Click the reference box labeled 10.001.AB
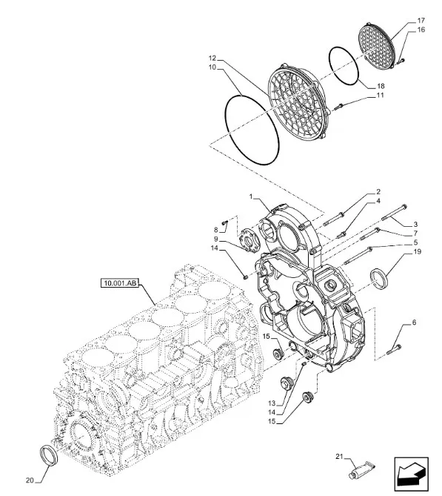click(120, 282)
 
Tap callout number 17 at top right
click(421, 21)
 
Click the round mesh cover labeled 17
click(378, 45)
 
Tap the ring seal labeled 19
click(378, 278)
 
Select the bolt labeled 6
click(394, 349)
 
